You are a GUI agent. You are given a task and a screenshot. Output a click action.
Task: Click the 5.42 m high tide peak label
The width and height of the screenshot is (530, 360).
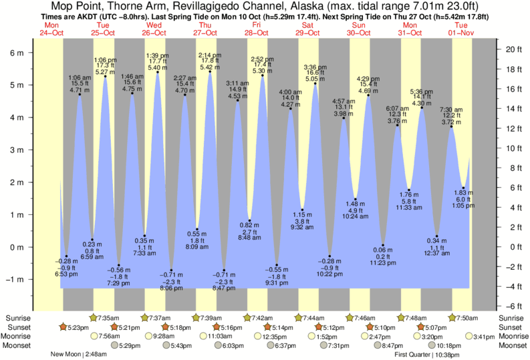[x=209, y=67]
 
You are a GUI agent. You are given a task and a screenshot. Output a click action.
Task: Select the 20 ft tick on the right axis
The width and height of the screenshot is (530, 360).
[x=511, y=49]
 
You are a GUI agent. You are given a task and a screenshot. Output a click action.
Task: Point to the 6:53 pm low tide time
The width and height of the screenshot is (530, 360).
[x=66, y=274]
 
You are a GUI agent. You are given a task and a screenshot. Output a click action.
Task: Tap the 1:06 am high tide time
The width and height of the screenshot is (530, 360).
[x=80, y=77]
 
